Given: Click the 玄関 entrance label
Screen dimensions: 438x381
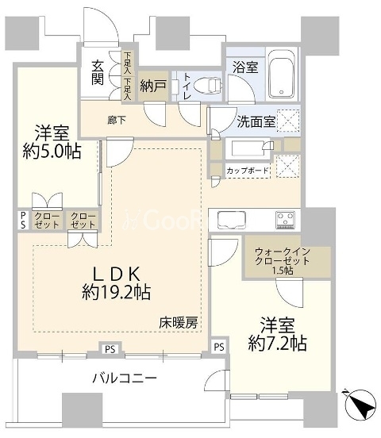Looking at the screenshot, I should pos(97,72).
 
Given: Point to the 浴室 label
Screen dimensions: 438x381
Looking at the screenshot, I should pos(244,68).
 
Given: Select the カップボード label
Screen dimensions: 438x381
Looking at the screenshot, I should pos(248,171).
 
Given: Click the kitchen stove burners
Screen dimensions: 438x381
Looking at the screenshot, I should pos(286,218).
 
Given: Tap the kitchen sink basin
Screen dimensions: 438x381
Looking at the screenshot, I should pos(232,218).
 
